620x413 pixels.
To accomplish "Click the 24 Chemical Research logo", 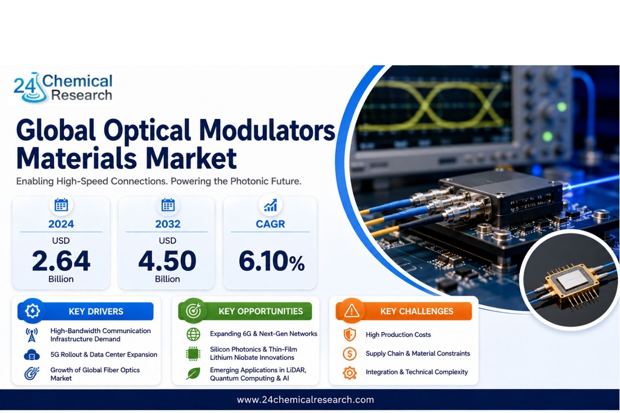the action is pyautogui.click(x=63, y=88).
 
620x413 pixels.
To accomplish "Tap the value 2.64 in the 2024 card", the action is pyautogui.click(x=61, y=261).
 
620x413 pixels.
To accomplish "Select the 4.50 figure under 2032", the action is pyautogui.click(x=167, y=261).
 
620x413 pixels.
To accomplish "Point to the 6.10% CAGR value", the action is pyautogui.click(x=272, y=261).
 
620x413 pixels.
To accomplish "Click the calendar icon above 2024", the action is pyautogui.click(x=61, y=205).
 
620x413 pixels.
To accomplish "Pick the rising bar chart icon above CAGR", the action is pyautogui.click(x=270, y=205).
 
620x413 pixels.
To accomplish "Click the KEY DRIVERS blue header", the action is pyautogui.click(x=86, y=311).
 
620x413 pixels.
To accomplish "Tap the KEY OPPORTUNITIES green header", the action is pyautogui.click(x=245, y=311).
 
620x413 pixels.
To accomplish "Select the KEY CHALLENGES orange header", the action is pyautogui.click(x=404, y=311).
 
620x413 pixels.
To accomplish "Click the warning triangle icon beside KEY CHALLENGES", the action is pyautogui.click(x=352, y=311).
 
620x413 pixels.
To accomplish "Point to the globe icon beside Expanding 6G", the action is pyautogui.click(x=193, y=334).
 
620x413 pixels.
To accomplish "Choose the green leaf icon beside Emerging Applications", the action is pyautogui.click(x=193, y=374).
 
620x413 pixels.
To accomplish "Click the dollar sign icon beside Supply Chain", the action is pyautogui.click(x=350, y=354).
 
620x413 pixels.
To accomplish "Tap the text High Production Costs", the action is pyautogui.click(x=398, y=335).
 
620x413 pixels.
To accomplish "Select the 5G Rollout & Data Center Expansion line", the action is pyautogui.click(x=104, y=355).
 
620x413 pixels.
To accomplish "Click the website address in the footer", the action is pyautogui.click(x=305, y=400).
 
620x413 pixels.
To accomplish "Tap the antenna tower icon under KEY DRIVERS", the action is pyautogui.click(x=32, y=335).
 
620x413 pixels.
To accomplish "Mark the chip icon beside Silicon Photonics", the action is pyautogui.click(x=193, y=354).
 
